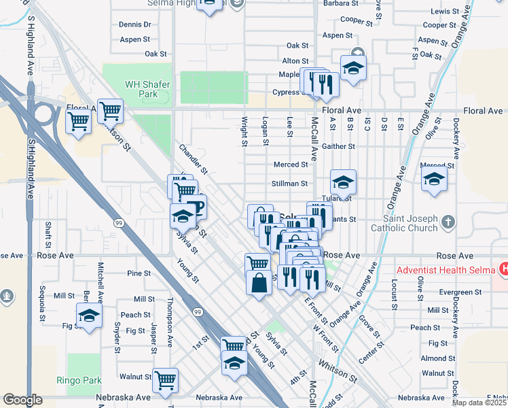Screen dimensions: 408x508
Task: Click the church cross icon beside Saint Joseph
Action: point(448,222)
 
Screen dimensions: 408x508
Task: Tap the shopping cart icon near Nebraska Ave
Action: point(165,379)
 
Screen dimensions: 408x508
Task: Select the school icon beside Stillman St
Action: point(344,182)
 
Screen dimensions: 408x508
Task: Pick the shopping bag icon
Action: point(260,282)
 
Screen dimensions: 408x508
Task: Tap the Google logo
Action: point(22,400)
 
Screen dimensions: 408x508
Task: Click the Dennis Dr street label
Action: point(134,24)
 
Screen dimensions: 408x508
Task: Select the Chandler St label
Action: point(193,158)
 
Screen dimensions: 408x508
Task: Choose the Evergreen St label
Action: point(459,292)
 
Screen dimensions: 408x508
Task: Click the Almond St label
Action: point(433,358)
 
